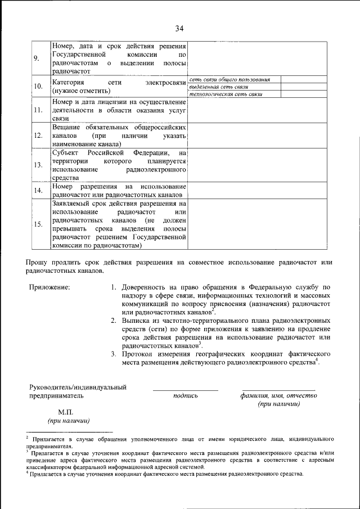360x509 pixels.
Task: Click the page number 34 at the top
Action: [x=179, y=29]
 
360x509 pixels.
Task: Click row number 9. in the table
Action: [x=37, y=58]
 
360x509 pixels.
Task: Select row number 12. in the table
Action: [x=38, y=136]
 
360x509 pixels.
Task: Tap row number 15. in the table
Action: [x=38, y=224]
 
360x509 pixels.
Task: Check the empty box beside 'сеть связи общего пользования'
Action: [x=303, y=80]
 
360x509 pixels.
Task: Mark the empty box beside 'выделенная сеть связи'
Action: [x=303, y=87]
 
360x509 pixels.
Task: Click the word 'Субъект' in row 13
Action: [x=66, y=152]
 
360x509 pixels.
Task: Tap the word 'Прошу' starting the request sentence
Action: [x=38, y=262]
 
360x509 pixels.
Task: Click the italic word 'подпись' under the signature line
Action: [x=186, y=395]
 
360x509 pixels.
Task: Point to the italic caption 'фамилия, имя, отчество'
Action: [x=278, y=395]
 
